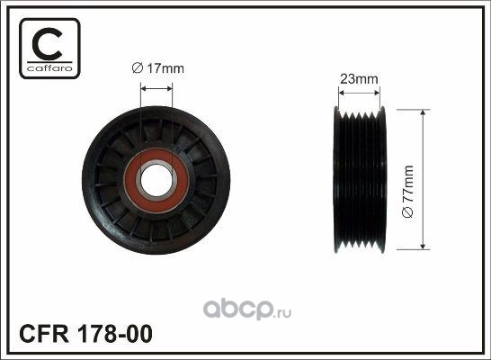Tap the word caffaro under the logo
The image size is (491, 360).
click(x=49, y=68)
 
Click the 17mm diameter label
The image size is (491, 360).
click(x=158, y=68)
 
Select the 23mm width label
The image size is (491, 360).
click(x=359, y=78)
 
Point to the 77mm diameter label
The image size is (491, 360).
click(x=407, y=192)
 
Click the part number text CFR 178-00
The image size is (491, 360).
click(x=85, y=334)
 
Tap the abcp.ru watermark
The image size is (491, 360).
click(x=247, y=309)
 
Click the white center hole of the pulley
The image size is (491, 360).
click(x=156, y=180)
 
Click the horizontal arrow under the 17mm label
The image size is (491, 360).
click(x=156, y=89)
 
